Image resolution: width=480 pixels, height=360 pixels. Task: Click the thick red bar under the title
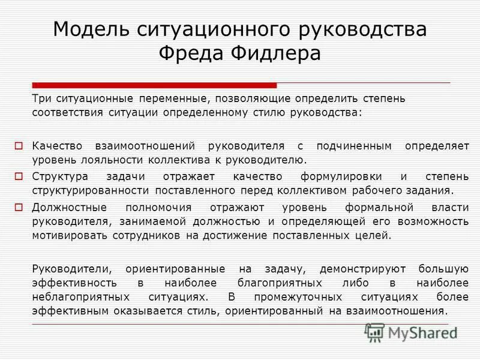click(154, 85)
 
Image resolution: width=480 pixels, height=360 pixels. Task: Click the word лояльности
click(103, 160)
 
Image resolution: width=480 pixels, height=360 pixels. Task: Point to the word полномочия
click(159, 207)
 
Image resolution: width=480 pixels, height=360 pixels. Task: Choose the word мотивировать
click(64, 236)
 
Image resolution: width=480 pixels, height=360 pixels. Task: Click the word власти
click(449, 207)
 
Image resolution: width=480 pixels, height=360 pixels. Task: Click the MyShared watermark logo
click(411, 332)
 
